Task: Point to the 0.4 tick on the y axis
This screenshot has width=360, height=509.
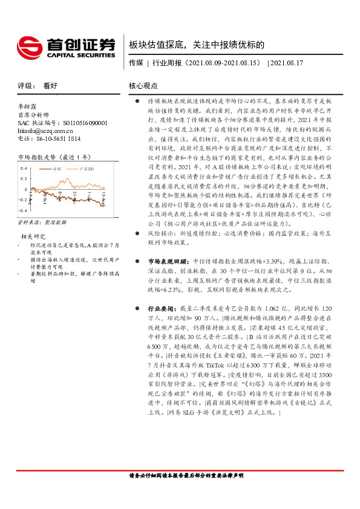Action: (x=24, y=168)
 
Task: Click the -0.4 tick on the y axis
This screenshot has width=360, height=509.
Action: (x=23, y=210)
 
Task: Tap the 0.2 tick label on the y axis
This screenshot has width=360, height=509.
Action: (x=24, y=178)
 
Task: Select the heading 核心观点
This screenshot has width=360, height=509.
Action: (x=143, y=86)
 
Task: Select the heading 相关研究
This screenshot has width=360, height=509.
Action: (x=33, y=236)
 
